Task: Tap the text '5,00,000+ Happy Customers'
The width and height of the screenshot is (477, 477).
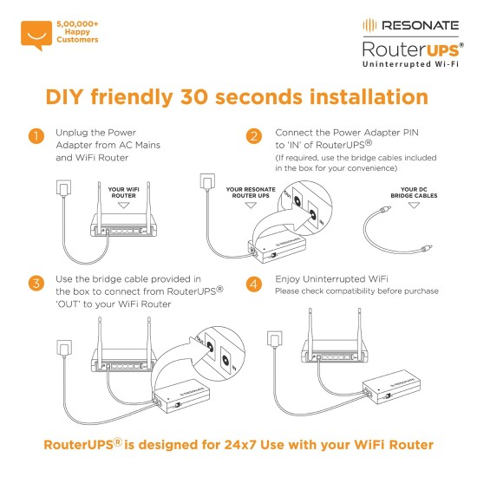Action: tap(77, 32)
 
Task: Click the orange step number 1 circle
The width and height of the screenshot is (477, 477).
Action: tap(36, 137)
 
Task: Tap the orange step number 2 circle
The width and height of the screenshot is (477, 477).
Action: tap(253, 137)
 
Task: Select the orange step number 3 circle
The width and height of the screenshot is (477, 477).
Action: tap(36, 284)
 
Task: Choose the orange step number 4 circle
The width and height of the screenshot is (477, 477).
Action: tap(253, 284)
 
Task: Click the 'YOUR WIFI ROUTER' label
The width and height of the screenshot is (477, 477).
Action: tap(123, 191)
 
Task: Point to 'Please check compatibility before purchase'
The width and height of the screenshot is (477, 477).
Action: tap(356, 291)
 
